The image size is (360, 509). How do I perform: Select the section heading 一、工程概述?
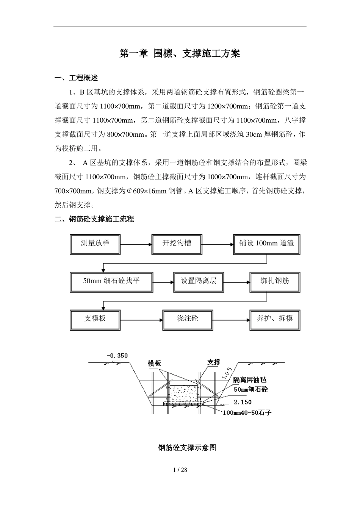point(77,78)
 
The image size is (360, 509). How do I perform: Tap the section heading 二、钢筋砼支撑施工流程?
point(94,219)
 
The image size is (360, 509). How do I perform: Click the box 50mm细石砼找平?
point(111,282)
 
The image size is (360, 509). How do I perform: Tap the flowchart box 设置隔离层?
point(199,282)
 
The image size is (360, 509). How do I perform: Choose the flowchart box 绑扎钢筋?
point(275,282)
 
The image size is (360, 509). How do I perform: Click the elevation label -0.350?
point(117,356)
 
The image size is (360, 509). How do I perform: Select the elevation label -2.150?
point(241,402)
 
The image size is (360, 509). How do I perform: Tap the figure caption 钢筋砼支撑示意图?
point(187,448)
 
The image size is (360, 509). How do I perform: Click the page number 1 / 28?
point(180,470)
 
